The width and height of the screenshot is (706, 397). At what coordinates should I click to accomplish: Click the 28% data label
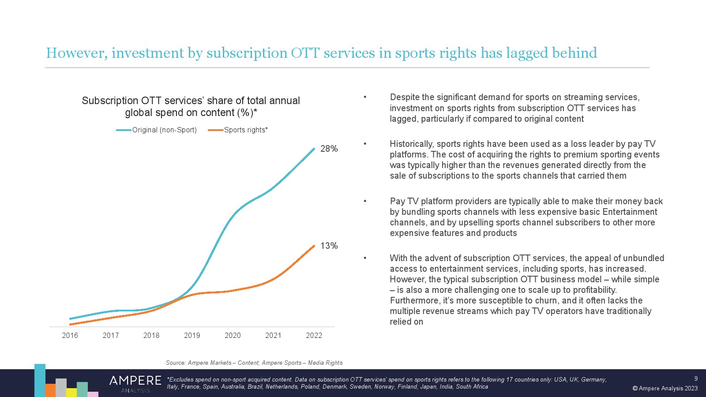(329, 149)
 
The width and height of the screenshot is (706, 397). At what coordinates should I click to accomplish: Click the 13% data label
(329, 246)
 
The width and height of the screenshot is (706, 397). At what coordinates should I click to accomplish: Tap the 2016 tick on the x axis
(70, 335)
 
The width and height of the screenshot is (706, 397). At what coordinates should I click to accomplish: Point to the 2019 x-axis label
(192, 335)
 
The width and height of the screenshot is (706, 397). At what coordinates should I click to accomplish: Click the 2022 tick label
(314, 335)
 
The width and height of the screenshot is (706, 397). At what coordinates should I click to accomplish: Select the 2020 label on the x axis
(233, 335)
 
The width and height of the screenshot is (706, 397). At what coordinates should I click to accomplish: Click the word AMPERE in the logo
(135, 381)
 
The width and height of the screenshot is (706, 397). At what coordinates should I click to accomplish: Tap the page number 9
(696, 378)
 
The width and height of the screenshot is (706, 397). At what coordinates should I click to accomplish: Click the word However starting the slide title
(76, 53)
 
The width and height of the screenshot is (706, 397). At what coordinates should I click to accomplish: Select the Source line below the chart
(254, 363)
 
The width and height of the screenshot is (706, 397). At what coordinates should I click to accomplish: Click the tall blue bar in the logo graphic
(40, 380)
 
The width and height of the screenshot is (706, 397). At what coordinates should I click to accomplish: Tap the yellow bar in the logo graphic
(71, 392)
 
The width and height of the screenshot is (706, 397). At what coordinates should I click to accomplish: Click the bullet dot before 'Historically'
(365, 144)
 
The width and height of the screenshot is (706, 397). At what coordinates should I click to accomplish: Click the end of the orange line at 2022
(314, 246)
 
